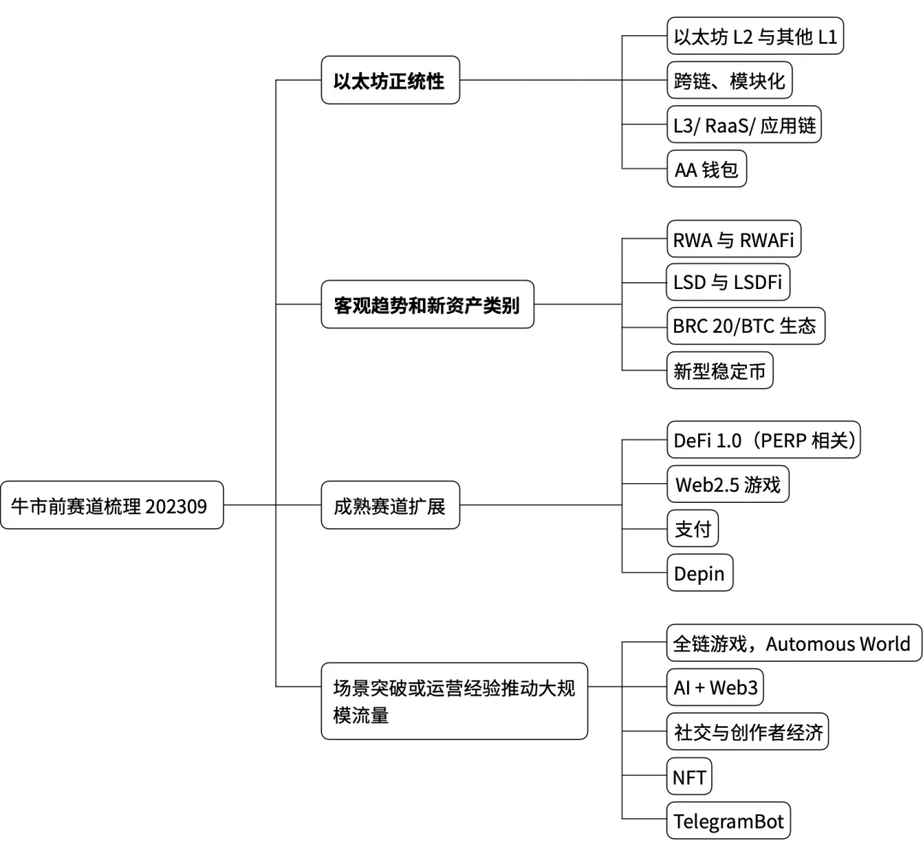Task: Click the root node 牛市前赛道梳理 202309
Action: [x=113, y=505]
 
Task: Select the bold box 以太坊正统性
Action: [x=390, y=82]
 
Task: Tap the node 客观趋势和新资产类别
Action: [x=427, y=304]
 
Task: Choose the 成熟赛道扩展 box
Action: [x=390, y=505]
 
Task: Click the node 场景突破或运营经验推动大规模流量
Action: [x=454, y=700]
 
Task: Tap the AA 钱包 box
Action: [x=707, y=169]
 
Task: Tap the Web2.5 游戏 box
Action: [x=727, y=486]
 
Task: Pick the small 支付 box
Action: [x=692, y=529]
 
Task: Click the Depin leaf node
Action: [x=700, y=573]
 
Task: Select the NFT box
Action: [x=689, y=776]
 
